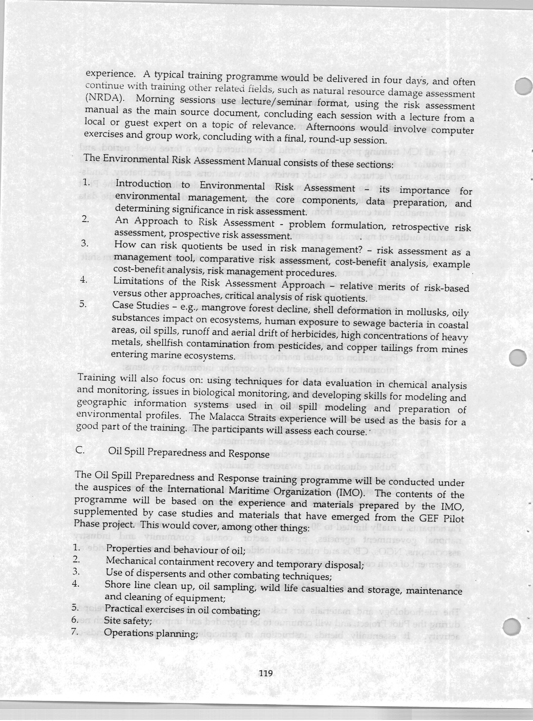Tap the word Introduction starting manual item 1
coord(143,184)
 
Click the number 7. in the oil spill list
coord(76,631)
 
